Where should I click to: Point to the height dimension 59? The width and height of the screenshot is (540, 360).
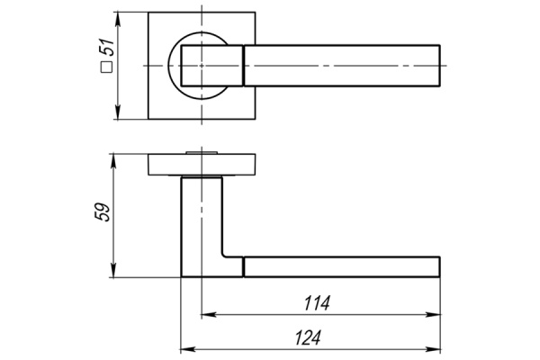pyautogui.click(x=103, y=213)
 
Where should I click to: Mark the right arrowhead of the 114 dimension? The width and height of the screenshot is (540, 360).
pyautogui.click(x=435, y=315)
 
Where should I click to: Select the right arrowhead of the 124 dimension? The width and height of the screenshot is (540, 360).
pyautogui.click(x=435, y=348)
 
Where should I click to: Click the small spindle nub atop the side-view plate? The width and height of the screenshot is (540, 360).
pyautogui.click(x=202, y=154)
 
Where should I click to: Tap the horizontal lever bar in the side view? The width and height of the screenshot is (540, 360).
pyautogui.click(x=342, y=265)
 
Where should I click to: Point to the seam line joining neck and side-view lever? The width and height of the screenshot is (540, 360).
pyautogui.click(x=244, y=265)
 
